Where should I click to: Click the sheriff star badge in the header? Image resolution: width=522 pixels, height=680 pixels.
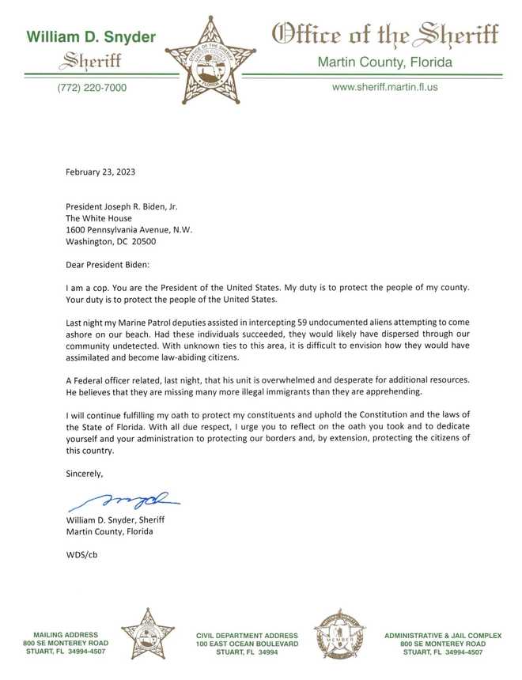pos(210,61)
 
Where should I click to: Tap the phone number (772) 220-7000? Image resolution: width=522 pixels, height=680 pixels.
pos(92,88)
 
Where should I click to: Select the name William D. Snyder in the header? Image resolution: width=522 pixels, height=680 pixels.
pos(92,37)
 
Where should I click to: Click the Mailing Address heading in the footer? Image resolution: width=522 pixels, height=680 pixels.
pos(66,634)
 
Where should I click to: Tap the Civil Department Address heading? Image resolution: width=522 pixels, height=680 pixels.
pos(247,635)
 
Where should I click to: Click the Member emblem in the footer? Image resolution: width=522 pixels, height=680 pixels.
pos(339,634)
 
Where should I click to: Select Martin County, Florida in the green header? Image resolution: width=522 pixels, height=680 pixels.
pos(384,61)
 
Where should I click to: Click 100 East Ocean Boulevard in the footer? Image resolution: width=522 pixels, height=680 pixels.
pos(247,644)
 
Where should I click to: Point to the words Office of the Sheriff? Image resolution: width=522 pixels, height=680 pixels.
pos(384,35)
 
